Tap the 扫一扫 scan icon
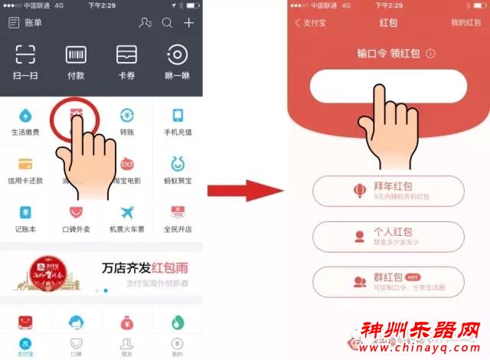pos(25,55)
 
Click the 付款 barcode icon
pos(76,55)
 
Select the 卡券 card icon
pos(126,55)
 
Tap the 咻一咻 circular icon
pos(178,55)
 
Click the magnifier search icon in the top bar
pos(167,23)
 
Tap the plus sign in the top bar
pos(188,23)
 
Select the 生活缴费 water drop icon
pos(25,116)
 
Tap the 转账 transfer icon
pos(126,116)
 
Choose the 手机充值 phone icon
pos(178,116)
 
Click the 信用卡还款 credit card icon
pos(25,164)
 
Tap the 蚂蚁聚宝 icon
pos(178,164)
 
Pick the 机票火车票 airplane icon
pos(126,212)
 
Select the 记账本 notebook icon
pos(25,212)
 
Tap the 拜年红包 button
pos(388,191)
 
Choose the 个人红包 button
pos(388,236)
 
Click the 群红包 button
pos(388,282)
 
